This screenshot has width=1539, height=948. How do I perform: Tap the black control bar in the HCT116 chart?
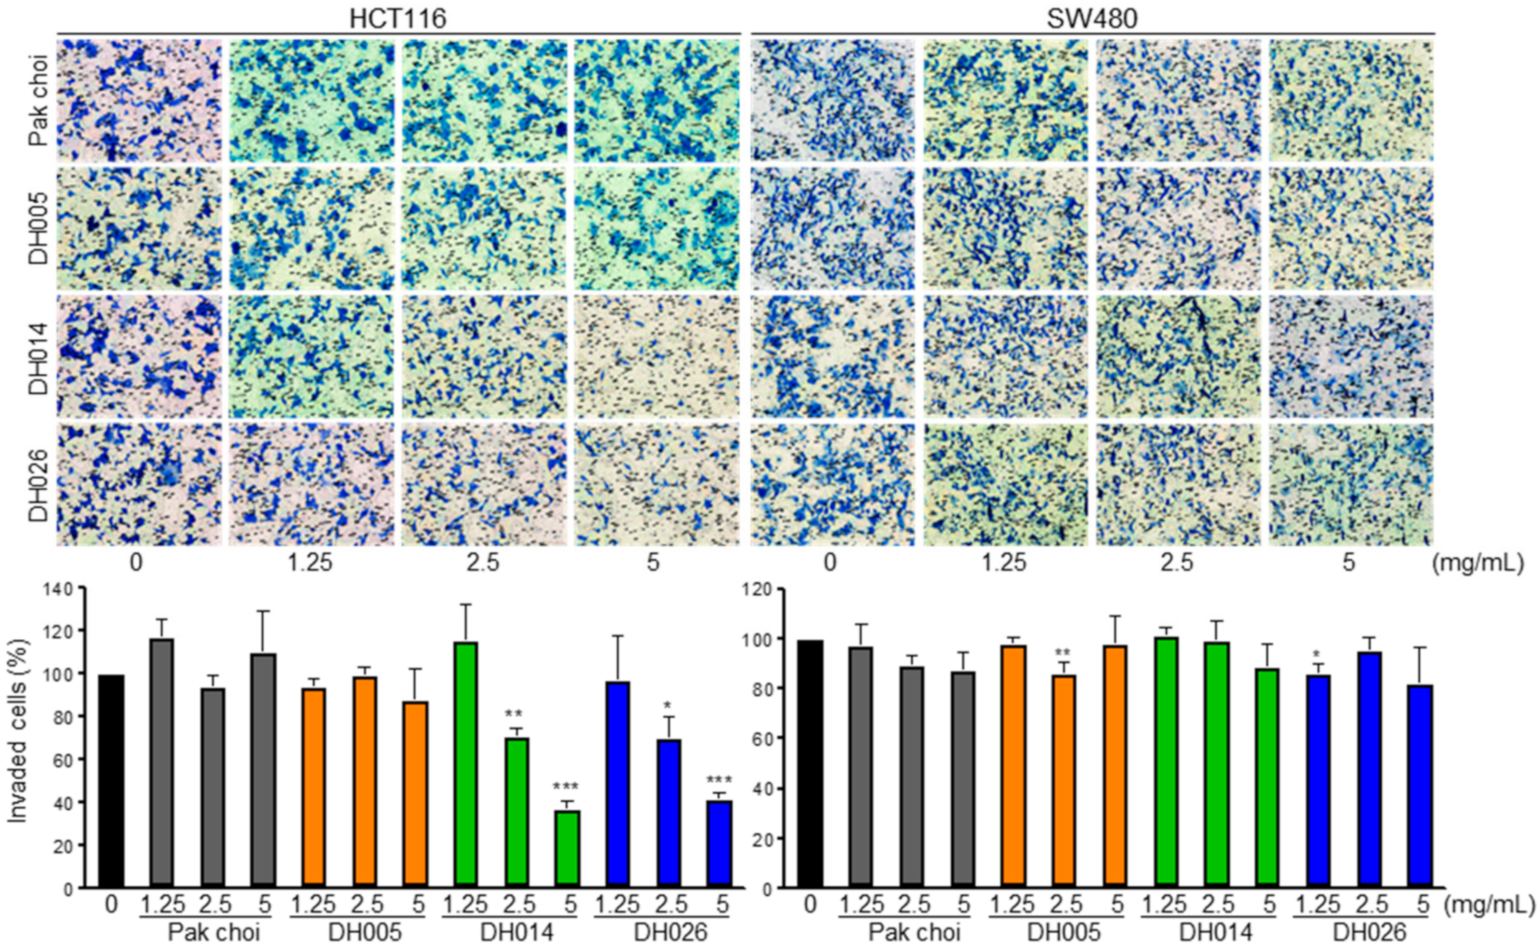tap(111, 781)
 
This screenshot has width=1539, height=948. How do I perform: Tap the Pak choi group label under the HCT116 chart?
tap(213, 933)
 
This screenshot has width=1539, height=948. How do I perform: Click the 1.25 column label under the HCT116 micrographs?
tap(311, 562)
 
